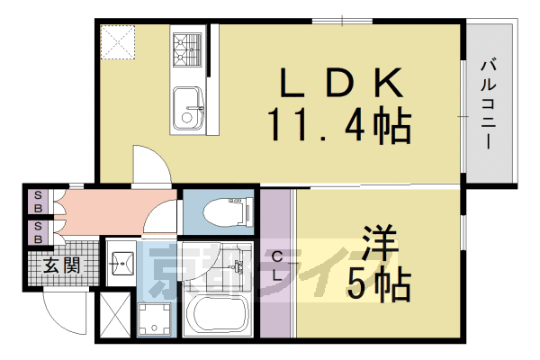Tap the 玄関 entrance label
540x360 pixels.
tap(59, 265)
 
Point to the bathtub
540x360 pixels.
tap(218, 315)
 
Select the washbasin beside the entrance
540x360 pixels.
tap(121, 264)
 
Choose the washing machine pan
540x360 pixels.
tap(155, 319)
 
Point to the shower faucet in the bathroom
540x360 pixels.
tap(238, 266)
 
